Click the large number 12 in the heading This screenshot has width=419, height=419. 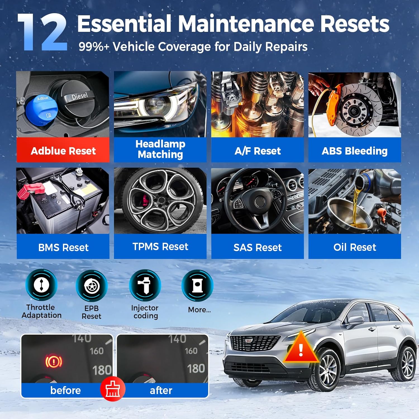(x=42, y=33)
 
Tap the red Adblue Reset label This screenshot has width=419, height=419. (x=63, y=151)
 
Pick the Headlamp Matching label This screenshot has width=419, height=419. (x=160, y=149)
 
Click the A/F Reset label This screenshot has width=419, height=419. (x=258, y=151)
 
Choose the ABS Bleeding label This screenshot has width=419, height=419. (x=354, y=151)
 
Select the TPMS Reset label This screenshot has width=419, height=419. (x=160, y=247)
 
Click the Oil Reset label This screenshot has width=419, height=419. (x=354, y=247)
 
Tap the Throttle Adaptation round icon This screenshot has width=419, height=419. (x=41, y=285)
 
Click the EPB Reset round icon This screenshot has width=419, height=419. (x=92, y=286)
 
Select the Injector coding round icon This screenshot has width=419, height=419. (x=145, y=285)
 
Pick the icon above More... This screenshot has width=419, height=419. (x=197, y=285)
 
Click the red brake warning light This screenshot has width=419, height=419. (x=54, y=361)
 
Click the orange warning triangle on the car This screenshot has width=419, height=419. (x=301, y=349)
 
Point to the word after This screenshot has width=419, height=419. (x=161, y=390)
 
